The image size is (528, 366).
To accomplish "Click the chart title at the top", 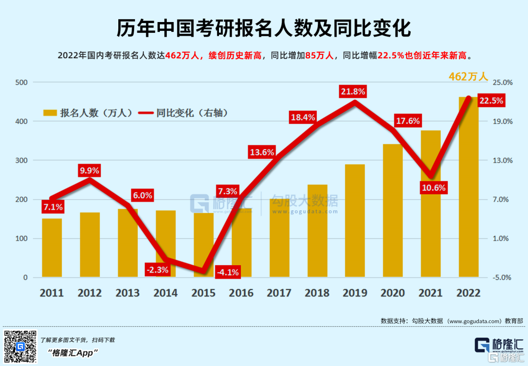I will click(x=264, y=29).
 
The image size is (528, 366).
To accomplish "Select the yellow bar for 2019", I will click(x=355, y=221).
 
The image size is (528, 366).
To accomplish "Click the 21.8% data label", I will click(x=353, y=91).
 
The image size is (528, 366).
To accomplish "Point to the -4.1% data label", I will click(x=228, y=273).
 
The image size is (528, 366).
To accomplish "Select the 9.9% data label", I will click(x=89, y=171).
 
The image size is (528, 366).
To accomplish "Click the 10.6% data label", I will click(x=434, y=187).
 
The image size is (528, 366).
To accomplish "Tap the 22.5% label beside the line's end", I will click(x=491, y=101).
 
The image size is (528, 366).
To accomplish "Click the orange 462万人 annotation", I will click(x=468, y=77).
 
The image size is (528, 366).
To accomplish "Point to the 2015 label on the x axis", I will click(x=203, y=293).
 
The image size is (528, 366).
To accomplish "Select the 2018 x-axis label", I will click(x=317, y=293).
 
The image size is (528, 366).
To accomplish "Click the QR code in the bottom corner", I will click(x=20, y=346).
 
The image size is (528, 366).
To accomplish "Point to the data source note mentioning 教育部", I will click(x=452, y=321).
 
